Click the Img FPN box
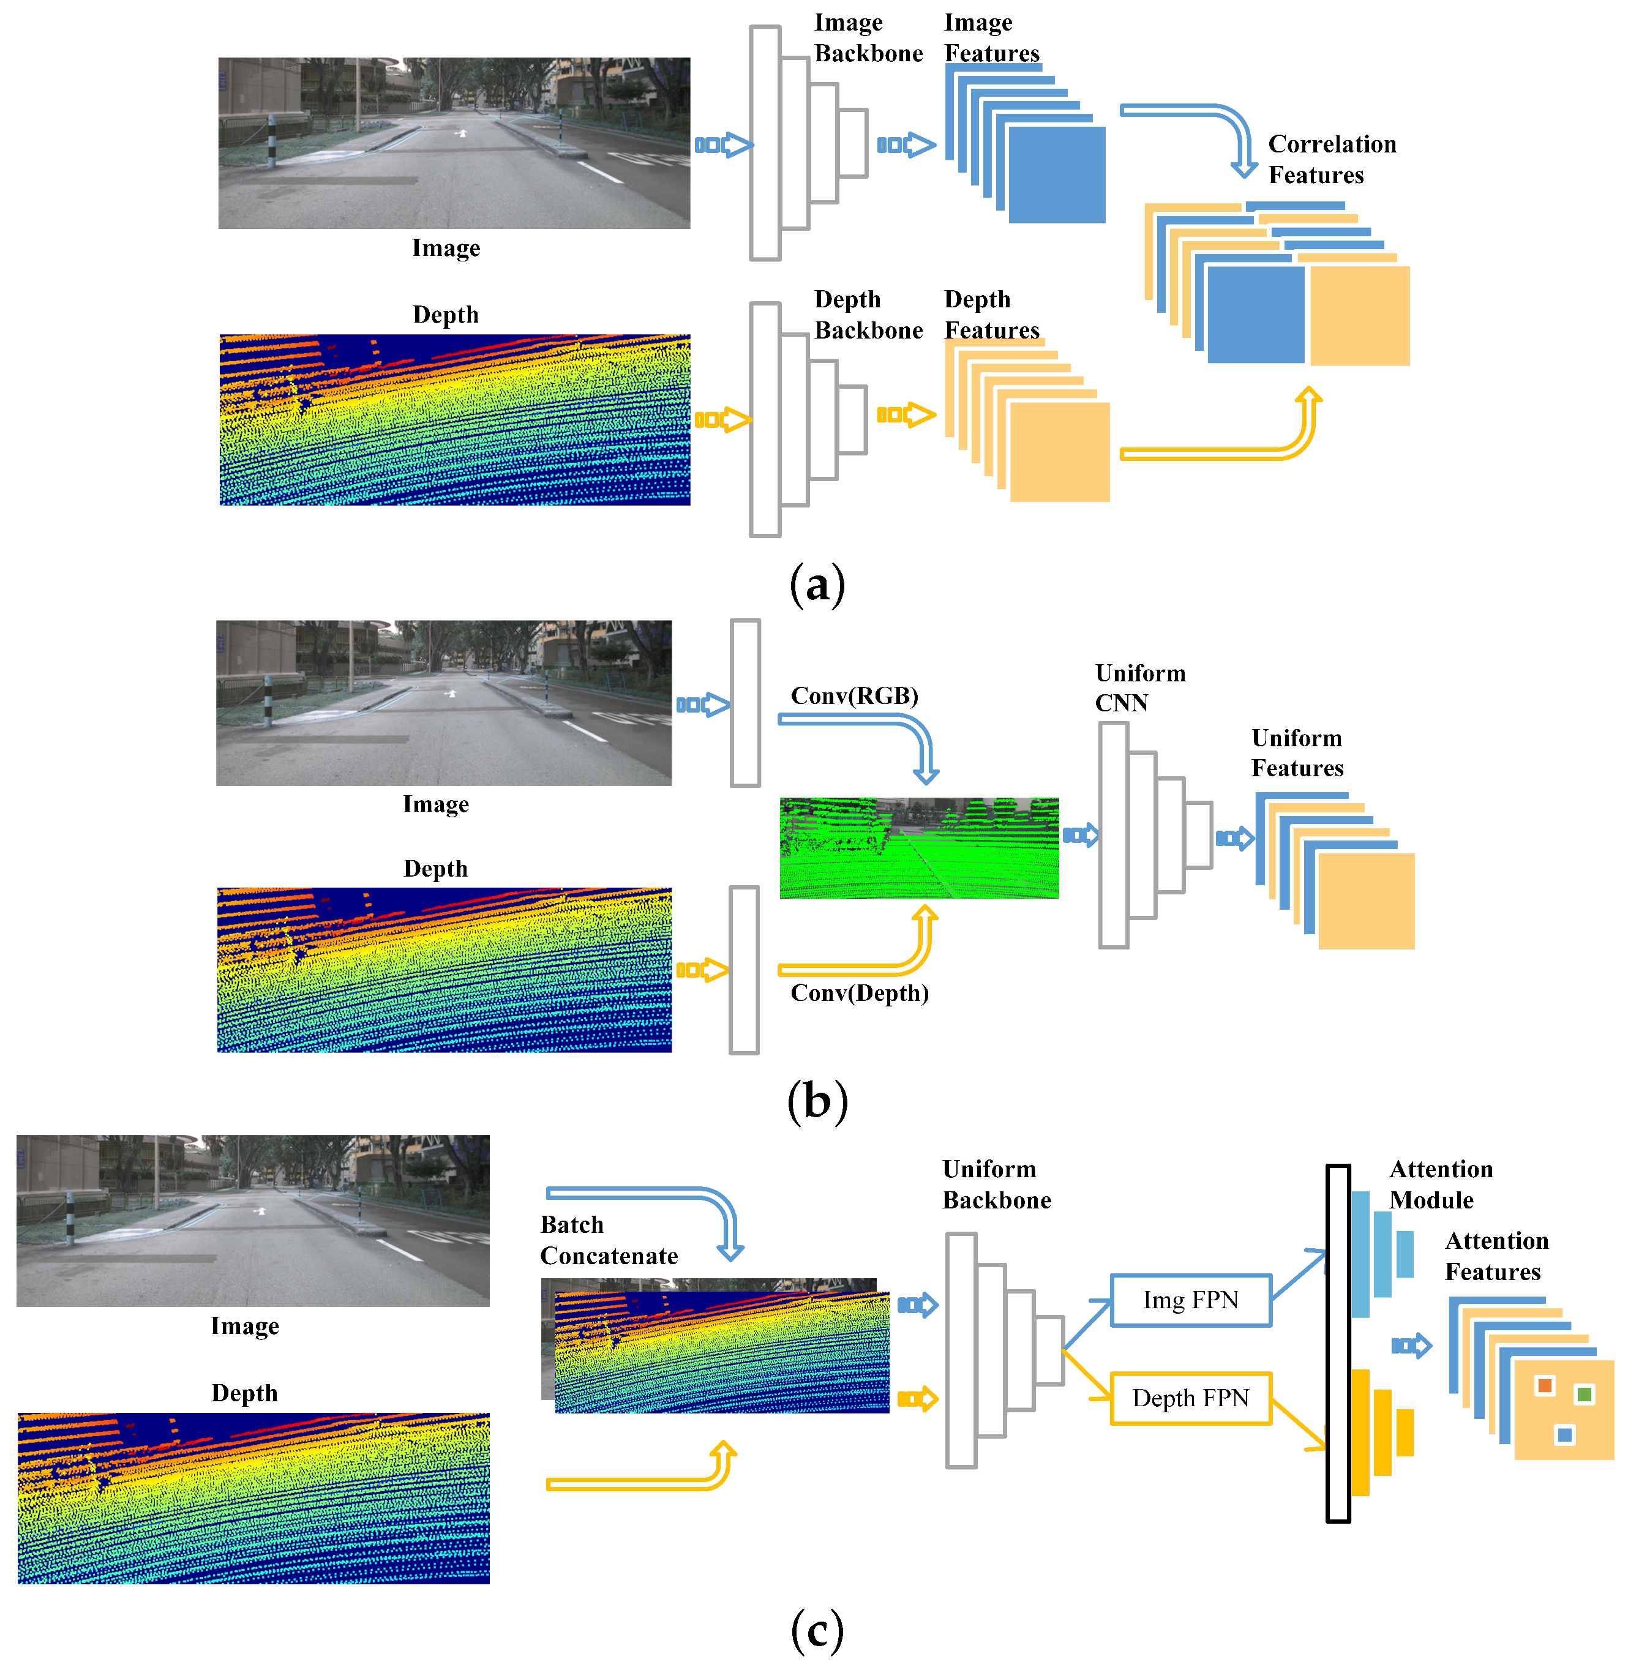1190,1300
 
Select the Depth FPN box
1190,1398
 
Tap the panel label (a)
817,585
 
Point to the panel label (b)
817,1101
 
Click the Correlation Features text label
1331,159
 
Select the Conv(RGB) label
854,695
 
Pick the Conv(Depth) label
860,993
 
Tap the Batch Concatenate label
609,1240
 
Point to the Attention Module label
1440,1185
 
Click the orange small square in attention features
1544,1385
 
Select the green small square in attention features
1585,1395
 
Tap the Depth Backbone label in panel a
868,315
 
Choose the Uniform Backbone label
996,1185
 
